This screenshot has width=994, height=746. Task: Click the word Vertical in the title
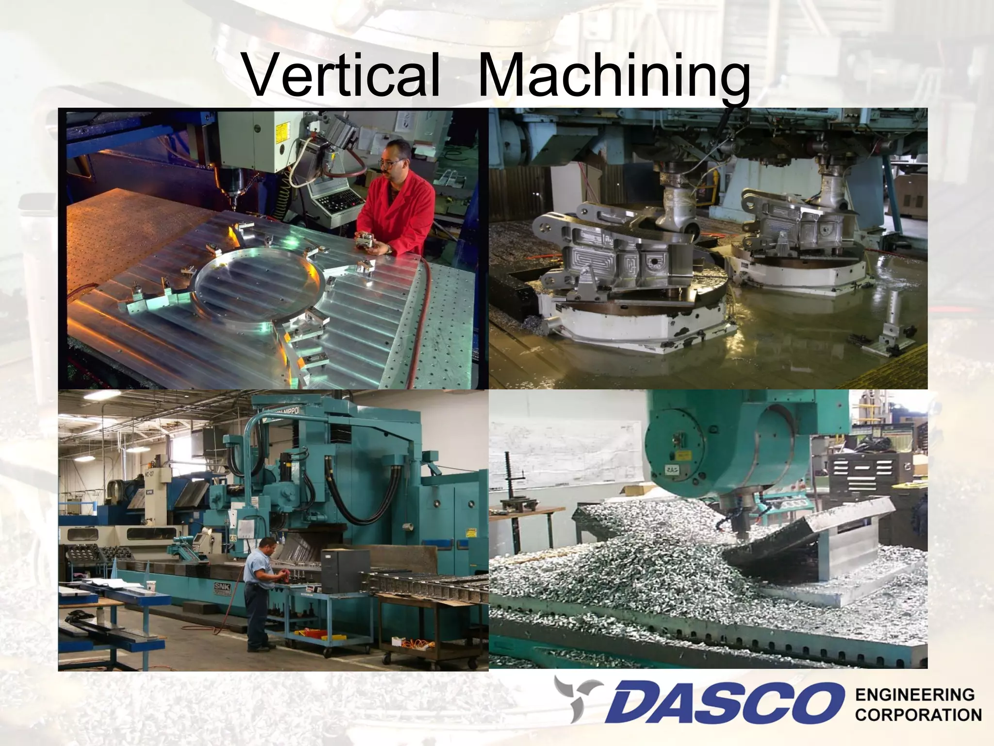(342, 78)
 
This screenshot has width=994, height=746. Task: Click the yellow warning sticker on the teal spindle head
(683, 456)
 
